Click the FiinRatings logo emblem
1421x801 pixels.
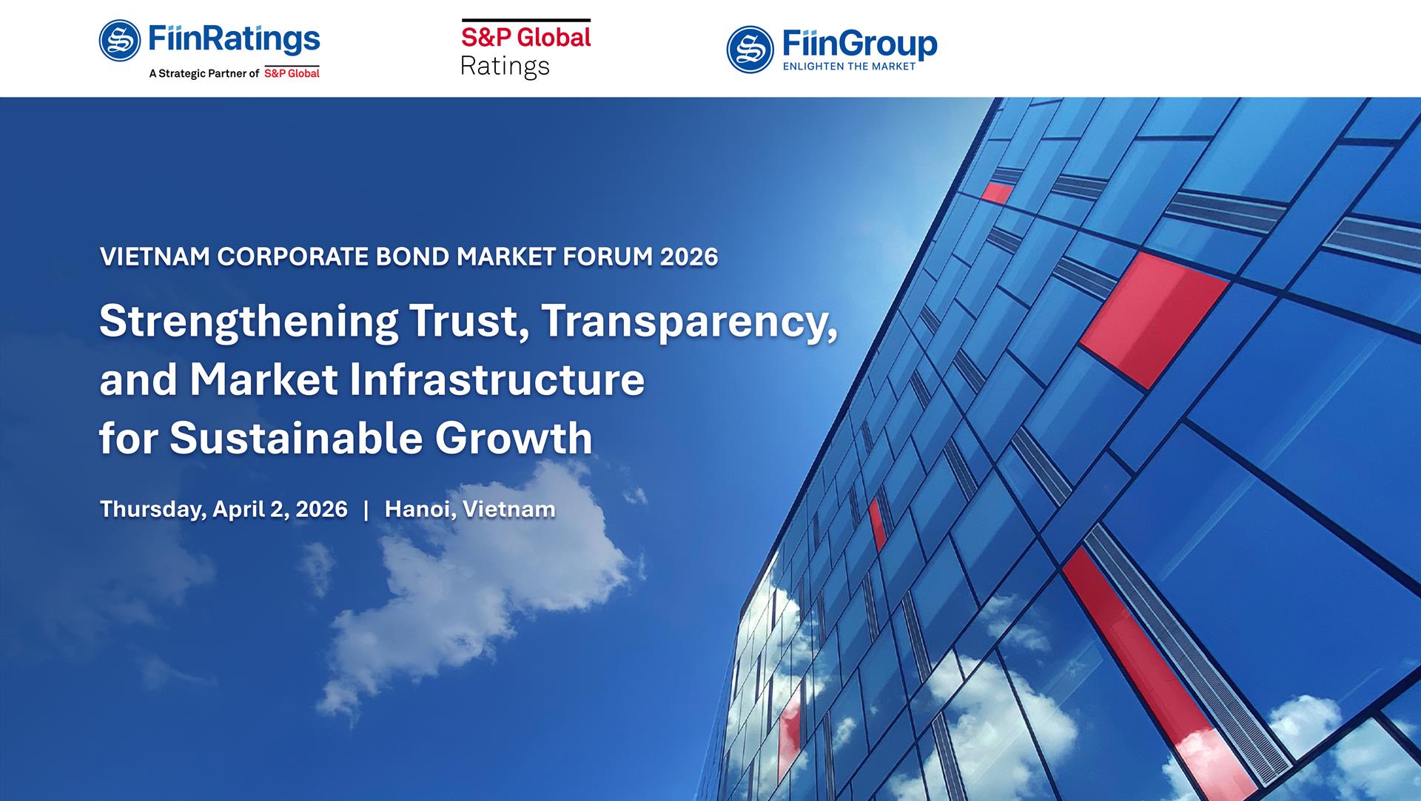click(x=120, y=40)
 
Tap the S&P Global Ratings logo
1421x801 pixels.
click(x=525, y=49)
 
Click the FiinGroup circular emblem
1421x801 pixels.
click(x=750, y=50)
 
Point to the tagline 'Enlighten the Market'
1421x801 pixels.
click(x=849, y=67)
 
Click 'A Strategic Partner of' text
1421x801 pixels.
click(x=204, y=74)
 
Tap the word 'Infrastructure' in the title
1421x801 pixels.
click(x=496, y=379)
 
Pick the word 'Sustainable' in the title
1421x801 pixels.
click(x=296, y=438)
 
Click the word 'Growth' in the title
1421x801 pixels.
click(x=514, y=438)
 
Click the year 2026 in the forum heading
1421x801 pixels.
click(x=689, y=257)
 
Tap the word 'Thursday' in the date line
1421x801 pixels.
click(x=152, y=509)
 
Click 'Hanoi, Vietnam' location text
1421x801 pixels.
click(x=470, y=509)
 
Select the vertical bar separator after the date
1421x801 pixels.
click(x=366, y=509)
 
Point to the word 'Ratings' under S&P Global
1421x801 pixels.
click(x=505, y=67)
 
